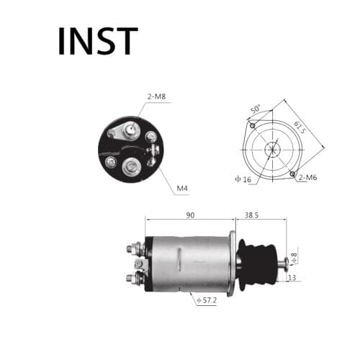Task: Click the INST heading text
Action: click(x=97, y=41)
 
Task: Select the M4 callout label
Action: click(x=183, y=189)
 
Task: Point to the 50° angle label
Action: click(x=256, y=109)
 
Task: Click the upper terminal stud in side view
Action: click(x=135, y=249)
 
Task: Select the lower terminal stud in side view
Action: click(x=135, y=278)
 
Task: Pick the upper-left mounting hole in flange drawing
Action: click(x=251, y=125)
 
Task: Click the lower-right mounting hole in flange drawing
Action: click(x=292, y=174)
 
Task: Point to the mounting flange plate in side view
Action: click(x=233, y=263)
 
